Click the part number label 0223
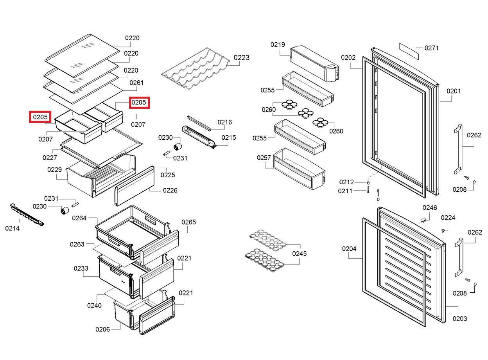click(x=242, y=58)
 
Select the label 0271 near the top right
click(x=431, y=48)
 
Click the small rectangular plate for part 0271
click(x=409, y=51)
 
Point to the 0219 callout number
click(x=278, y=45)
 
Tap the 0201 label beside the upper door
click(x=454, y=91)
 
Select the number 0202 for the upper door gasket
click(x=348, y=58)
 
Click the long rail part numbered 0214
click(x=27, y=215)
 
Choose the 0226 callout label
click(x=170, y=190)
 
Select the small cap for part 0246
click(x=423, y=219)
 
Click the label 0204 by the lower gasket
click(x=349, y=248)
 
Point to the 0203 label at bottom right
click(x=460, y=319)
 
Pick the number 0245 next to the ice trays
click(x=300, y=254)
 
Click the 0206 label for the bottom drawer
click(x=102, y=329)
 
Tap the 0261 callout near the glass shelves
click(x=136, y=83)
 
